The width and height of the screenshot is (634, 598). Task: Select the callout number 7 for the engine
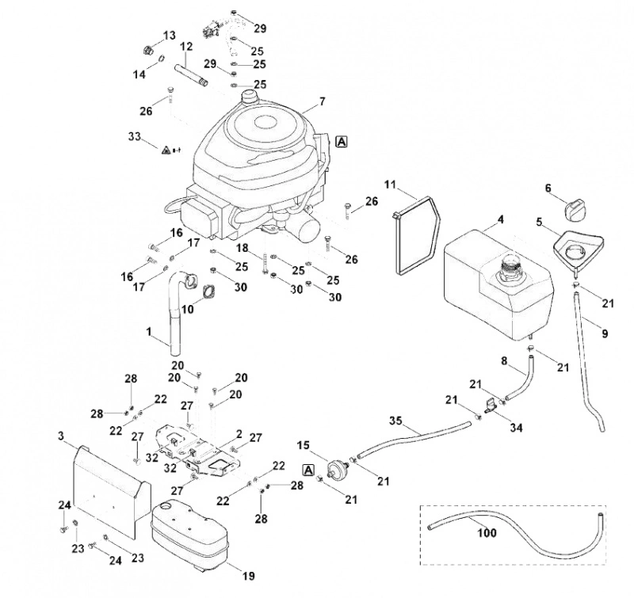(x=322, y=101)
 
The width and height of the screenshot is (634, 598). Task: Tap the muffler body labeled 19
(x=189, y=535)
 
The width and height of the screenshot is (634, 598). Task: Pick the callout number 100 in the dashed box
(x=487, y=532)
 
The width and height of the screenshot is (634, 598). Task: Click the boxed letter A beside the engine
(x=342, y=142)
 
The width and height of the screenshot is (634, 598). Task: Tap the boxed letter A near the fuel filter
(x=308, y=470)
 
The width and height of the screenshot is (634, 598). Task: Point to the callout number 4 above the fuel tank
(x=501, y=220)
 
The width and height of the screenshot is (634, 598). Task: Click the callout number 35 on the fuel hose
(x=395, y=421)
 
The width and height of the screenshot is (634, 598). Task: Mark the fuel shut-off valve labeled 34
(x=490, y=406)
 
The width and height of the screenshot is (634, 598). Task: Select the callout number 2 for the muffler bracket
(x=239, y=435)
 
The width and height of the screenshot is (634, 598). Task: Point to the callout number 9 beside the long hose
(x=605, y=333)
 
